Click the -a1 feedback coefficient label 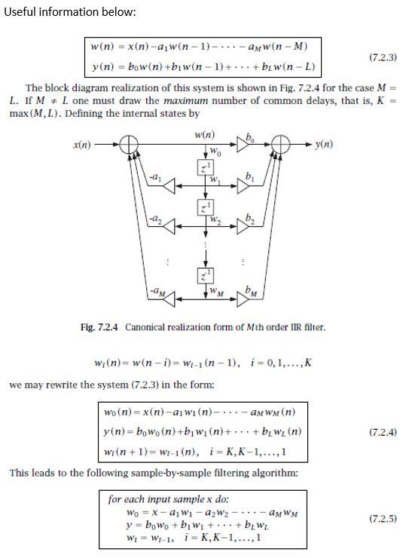[x=155, y=176]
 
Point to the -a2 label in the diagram [x=155, y=216]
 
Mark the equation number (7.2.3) [x=383, y=57]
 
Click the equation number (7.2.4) [x=383, y=432]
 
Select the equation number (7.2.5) [x=383, y=519]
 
